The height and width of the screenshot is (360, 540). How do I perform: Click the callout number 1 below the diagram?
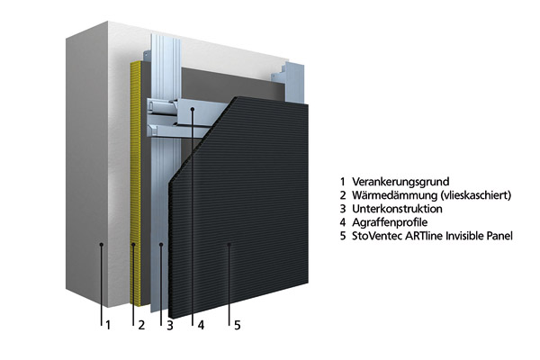(x=108, y=325)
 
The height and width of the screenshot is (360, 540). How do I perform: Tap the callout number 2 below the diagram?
(x=141, y=325)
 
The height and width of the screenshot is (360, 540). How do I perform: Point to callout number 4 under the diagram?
(x=201, y=325)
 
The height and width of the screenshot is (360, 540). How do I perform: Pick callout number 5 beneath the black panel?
(x=238, y=325)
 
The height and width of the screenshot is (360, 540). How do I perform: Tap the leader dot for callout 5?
(x=229, y=244)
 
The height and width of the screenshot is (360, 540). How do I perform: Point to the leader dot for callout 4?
(x=192, y=111)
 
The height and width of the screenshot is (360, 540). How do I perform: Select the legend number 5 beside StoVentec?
(x=343, y=237)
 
